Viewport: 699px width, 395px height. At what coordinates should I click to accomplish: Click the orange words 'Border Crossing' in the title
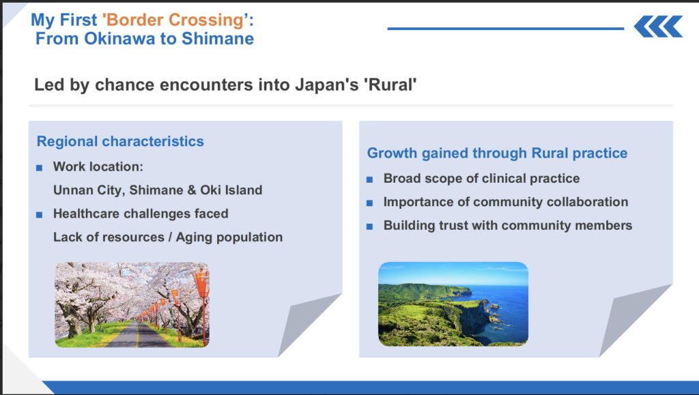pyautogui.click(x=175, y=20)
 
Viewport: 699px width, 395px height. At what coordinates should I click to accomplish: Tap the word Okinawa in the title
pyautogui.click(x=120, y=39)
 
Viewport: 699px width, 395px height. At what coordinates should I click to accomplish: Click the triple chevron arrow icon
pyautogui.click(x=659, y=27)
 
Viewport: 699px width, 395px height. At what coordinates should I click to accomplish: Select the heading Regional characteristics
pyautogui.click(x=120, y=141)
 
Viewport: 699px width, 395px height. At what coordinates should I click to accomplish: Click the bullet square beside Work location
pyautogui.click(x=39, y=168)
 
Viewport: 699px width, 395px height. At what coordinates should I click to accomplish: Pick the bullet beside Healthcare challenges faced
pyautogui.click(x=39, y=215)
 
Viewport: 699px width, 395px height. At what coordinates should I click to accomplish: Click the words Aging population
pyautogui.click(x=229, y=237)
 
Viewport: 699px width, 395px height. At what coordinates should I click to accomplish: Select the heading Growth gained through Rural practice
pyautogui.click(x=497, y=153)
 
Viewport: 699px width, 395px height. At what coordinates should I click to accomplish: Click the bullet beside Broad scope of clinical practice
pyautogui.click(x=369, y=179)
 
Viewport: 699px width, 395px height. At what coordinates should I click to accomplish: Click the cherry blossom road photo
pyautogui.click(x=132, y=304)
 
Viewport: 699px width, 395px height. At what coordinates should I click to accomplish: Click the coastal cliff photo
pyautogui.click(x=453, y=304)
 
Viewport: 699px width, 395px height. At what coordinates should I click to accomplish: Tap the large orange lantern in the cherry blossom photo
pyautogui.click(x=201, y=283)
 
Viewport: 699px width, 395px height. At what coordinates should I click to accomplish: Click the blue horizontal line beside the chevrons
pyautogui.click(x=506, y=29)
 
